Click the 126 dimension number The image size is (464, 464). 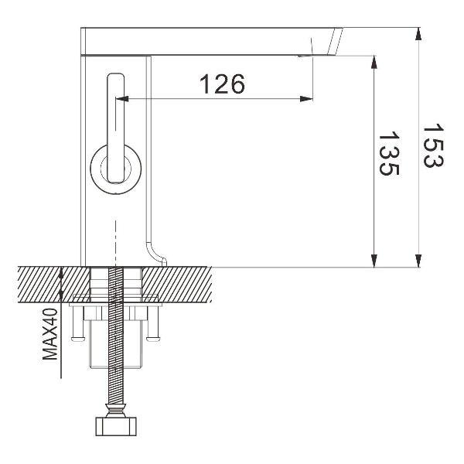(223, 84)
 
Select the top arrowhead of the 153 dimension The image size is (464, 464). (418, 34)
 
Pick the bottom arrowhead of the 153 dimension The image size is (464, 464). (418, 261)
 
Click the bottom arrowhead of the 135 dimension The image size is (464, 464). (374, 261)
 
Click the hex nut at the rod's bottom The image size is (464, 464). (115, 426)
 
